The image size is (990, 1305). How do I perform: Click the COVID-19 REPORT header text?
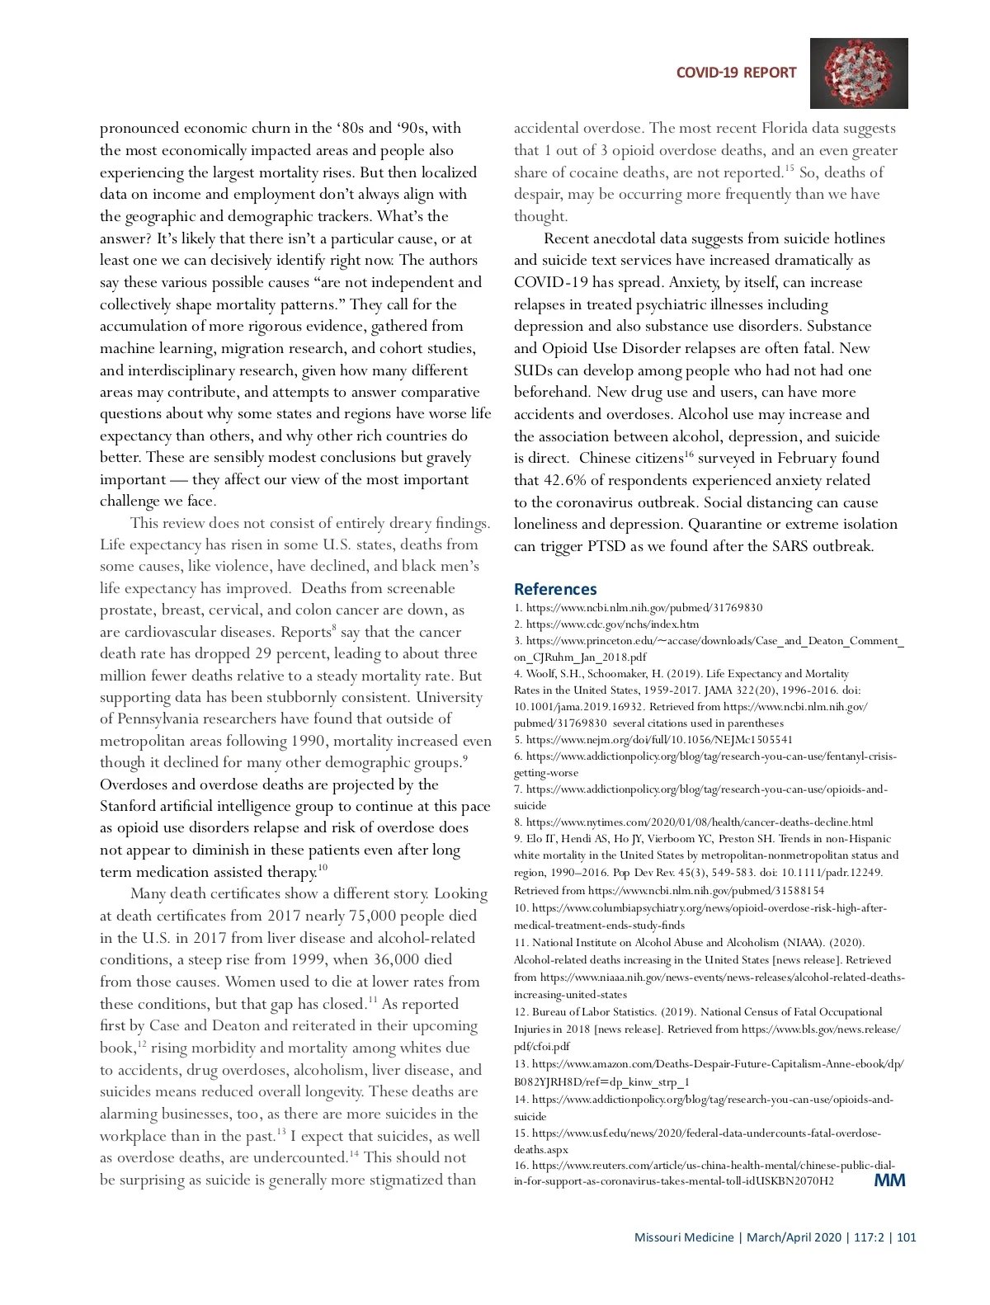click(x=736, y=73)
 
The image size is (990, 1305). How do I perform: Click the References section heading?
click(x=554, y=589)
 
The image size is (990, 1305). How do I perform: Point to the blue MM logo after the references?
click(x=889, y=1180)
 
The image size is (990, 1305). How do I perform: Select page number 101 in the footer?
click(x=907, y=1237)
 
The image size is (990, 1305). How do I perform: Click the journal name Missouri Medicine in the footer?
click(x=683, y=1237)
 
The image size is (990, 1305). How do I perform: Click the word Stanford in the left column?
click(x=133, y=806)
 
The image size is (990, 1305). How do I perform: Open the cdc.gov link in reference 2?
click(x=611, y=624)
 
